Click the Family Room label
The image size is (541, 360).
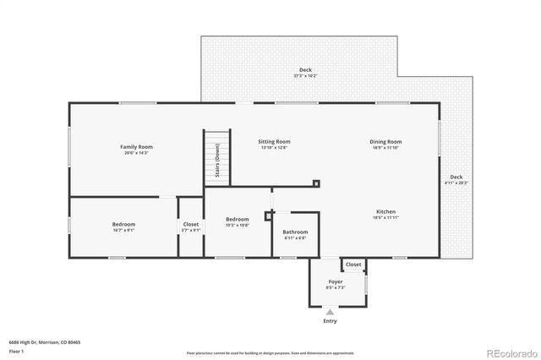136,147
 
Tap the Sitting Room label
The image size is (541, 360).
274,141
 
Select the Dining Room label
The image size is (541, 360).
385,141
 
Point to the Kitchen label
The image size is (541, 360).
385,211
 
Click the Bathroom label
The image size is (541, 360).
295,232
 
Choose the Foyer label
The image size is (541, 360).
336,281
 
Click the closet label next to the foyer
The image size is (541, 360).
353,265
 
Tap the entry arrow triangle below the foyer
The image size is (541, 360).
330,313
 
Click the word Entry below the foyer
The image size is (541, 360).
330,321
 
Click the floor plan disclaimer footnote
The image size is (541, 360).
270,353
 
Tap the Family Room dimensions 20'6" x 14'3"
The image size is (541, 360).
136,153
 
